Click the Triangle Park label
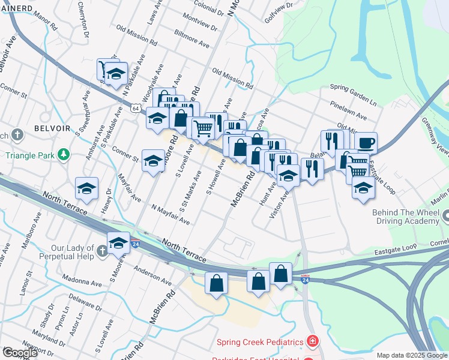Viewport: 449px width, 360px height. point(28,154)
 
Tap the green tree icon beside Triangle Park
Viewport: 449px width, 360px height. point(63,154)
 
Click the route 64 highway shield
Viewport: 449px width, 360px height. point(136,108)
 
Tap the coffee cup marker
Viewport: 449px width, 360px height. point(366,143)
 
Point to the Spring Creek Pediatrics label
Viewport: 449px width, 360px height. point(260,342)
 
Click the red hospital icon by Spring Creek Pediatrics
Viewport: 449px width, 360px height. point(312,342)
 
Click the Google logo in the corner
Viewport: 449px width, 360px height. point(19,352)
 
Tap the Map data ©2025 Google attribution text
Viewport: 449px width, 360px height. point(412,355)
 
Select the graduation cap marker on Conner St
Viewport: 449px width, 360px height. point(153,161)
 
